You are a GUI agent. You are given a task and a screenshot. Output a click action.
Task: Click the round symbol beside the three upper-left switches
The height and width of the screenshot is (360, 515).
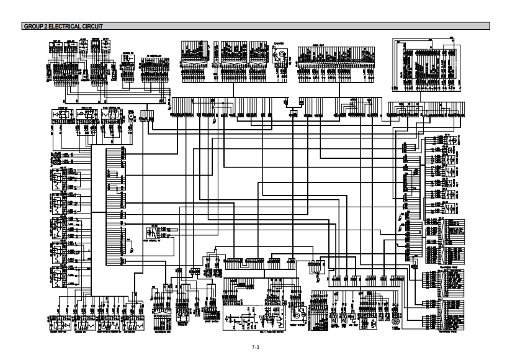coord(132,117)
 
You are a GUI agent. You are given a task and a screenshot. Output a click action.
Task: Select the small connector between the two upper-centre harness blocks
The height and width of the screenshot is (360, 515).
coord(293,112)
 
